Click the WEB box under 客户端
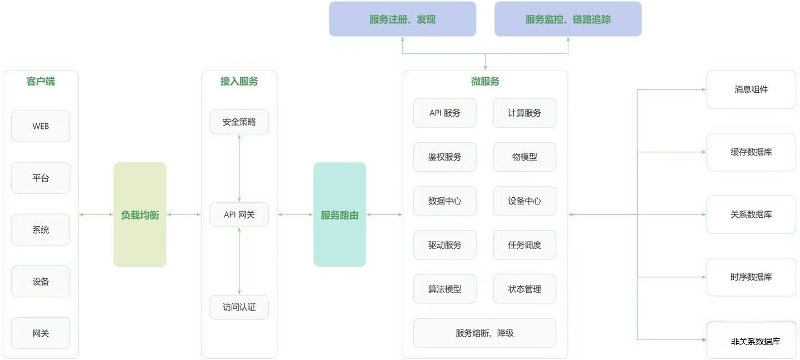click(41, 126)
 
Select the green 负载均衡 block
click(140, 214)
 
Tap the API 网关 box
click(239, 214)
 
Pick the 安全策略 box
click(239, 122)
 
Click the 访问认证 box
click(239, 307)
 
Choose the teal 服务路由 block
click(339, 214)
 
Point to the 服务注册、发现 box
click(402, 19)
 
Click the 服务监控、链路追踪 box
click(568, 19)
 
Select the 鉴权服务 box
click(444, 157)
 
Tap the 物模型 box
click(524, 157)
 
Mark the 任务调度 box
click(524, 245)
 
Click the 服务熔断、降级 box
click(484, 333)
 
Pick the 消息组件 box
click(751, 89)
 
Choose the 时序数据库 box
click(751, 277)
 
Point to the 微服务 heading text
click(485, 81)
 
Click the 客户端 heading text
click(41, 81)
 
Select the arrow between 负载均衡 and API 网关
click(184, 214)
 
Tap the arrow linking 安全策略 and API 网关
click(239, 168)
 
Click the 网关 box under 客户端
click(41, 333)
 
